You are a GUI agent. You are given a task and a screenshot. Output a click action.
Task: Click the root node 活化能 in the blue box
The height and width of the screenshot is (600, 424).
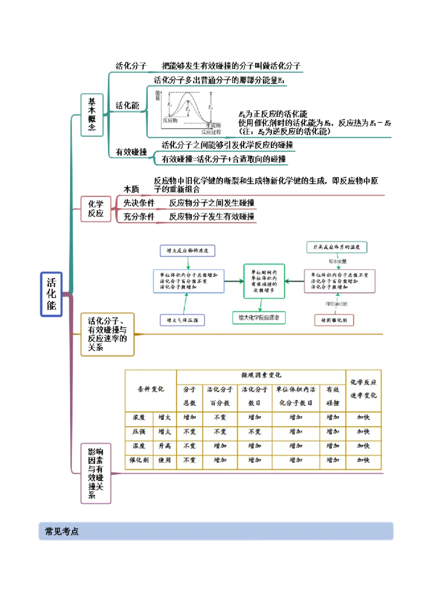(51, 295)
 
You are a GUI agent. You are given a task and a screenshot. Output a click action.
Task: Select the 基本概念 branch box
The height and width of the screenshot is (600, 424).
(92, 114)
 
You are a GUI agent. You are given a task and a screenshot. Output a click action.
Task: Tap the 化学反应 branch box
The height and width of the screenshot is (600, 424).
(95, 209)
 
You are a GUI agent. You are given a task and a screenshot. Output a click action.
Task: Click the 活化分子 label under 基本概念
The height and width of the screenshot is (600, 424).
(131, 66)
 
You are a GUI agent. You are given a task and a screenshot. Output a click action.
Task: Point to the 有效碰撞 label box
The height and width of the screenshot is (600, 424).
(131, 152)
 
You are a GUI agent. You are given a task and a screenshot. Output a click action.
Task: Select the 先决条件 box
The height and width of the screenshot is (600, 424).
(139, 202)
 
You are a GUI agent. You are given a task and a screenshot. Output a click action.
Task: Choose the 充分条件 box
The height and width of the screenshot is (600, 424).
(139, 216)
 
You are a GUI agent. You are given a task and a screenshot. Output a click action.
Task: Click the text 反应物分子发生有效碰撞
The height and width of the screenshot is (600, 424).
(211, 216)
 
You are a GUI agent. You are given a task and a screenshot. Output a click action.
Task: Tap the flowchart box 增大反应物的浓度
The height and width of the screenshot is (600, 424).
(188, 250)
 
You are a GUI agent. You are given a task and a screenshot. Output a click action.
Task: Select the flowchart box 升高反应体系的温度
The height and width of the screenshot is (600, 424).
(337, 248)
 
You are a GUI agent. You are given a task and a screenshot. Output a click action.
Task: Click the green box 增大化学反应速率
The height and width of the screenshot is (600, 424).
(259, 317)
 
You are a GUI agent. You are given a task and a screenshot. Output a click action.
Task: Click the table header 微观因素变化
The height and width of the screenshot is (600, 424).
(261, 375)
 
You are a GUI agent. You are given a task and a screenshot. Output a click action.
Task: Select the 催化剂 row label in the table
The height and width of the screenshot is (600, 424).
(139, 460)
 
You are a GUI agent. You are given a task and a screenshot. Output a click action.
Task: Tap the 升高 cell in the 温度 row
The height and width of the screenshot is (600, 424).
(164, 446)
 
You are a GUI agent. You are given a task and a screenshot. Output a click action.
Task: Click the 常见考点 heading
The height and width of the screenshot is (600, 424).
(62, 532)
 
